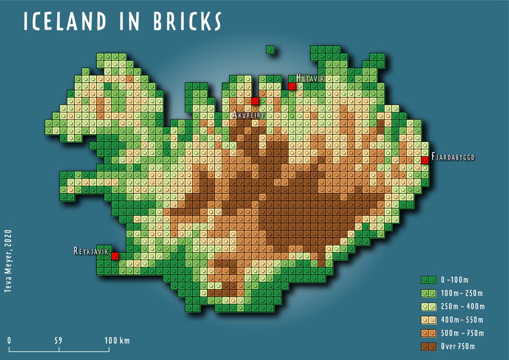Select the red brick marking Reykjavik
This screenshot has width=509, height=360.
coord(115,256)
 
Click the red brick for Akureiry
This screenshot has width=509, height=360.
coord(255,101)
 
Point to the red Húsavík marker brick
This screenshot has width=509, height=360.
coord(292,86)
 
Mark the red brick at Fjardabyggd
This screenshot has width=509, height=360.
coord(425,160)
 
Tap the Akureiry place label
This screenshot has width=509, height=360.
coord(249,115)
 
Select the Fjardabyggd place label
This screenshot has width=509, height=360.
coord(453,157)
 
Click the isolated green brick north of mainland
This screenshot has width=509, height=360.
coord(270,50)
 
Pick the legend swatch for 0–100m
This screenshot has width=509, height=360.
coord(428,280)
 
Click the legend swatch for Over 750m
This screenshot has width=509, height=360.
coord(428,346)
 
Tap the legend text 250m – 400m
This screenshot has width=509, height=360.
coord(462,307)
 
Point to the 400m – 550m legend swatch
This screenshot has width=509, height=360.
coord(428,320)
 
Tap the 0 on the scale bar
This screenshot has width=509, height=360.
coord(9,340)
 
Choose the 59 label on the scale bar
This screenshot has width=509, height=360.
coord(59,340)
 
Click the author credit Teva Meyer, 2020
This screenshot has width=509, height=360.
coord(7,261)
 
